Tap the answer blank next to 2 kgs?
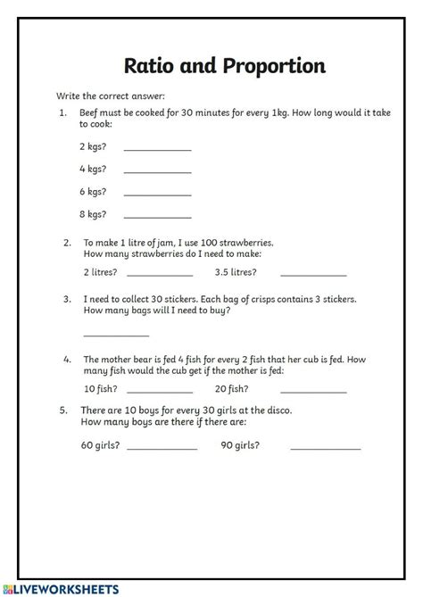coord(157,148)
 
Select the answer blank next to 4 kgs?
coord(157,170)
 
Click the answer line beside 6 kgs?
coord(157,193)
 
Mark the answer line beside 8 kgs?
coord(157,215)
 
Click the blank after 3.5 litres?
coord(313,273)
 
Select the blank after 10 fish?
coord(160,391)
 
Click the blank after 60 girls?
coord(162,446)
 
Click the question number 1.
coord(63,113)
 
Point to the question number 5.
coord(63,410)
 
